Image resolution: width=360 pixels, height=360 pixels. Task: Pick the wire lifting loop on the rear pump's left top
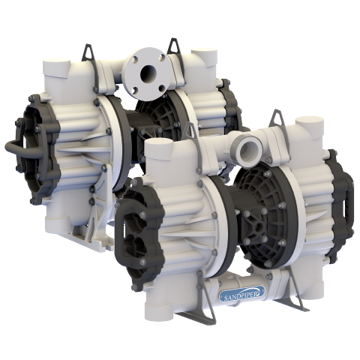pyautogui.click(x=88, y=52)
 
